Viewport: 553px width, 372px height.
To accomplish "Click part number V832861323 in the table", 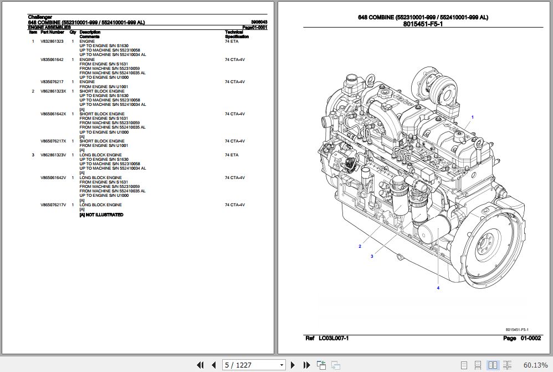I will [x=52, y=42].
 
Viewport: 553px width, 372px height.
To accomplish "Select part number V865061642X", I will [x=53, y=114].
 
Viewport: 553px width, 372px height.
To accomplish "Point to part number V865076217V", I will [x=53, y=205].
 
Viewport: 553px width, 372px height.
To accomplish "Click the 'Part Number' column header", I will [x=52, y=32].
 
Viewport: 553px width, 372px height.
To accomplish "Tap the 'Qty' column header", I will [x=73, y=32].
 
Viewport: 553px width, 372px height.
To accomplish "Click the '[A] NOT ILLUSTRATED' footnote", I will [x=101, y=215].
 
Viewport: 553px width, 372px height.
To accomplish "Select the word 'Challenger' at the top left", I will [x=40, y=17].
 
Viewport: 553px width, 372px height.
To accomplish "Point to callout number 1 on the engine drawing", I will [x=472, y=117].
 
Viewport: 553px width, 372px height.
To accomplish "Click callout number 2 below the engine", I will [x=360, y=246].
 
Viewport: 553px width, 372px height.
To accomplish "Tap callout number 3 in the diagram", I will [x=372, y=256].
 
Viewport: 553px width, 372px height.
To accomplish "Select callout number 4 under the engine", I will [x=437, y=288].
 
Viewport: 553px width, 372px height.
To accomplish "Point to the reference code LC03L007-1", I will [x=334, y=338].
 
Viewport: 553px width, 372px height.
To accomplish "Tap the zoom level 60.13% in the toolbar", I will [x=535, y=365].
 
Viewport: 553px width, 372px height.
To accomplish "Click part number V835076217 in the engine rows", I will [x=52, y=82].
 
